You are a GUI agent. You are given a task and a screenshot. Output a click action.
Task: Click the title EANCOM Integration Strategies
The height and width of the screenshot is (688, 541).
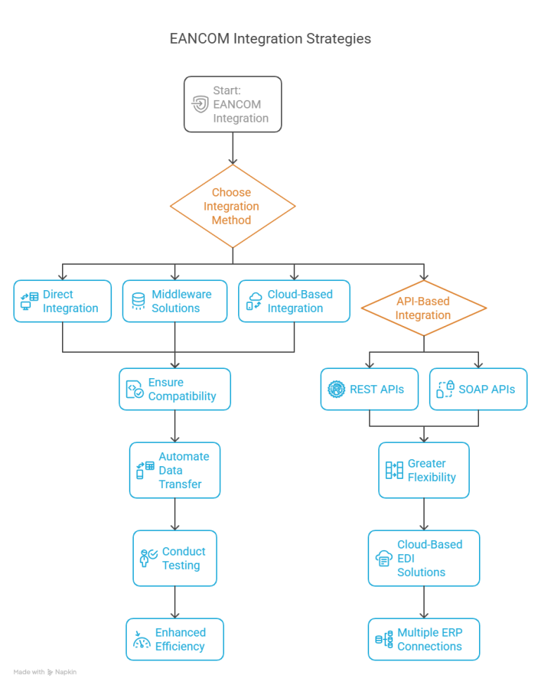click(x=270, y=39)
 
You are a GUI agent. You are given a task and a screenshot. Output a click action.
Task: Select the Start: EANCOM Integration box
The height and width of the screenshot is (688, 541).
click(x=232, y=104)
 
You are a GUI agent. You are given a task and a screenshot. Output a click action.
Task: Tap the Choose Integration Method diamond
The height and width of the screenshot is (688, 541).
click(x=232, y=206)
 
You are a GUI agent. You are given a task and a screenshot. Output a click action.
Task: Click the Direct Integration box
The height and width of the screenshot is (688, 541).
click(x=62, y=301)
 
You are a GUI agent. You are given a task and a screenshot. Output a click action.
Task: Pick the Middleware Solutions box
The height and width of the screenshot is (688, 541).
click(x=176, y=301)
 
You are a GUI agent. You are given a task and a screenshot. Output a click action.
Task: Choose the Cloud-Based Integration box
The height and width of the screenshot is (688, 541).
click(x=294, y=301)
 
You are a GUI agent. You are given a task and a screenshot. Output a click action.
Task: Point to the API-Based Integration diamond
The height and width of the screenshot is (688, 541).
click(x=423, y=308)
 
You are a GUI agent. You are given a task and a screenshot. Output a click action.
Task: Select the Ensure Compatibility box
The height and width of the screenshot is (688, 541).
click(x=175, y=389)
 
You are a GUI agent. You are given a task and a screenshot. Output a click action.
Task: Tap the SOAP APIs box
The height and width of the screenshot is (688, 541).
click(x=478, y=389)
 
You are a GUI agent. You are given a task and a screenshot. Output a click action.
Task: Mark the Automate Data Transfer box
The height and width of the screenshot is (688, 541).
click(x=175, y=470)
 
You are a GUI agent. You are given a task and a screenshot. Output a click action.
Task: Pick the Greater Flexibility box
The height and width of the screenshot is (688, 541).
click(x=423, y=470)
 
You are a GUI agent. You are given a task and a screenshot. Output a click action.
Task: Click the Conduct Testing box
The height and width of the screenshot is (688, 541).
click(x=175, y=558)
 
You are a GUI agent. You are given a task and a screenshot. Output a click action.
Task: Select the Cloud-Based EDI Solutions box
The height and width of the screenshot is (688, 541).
click(x=423, y=558)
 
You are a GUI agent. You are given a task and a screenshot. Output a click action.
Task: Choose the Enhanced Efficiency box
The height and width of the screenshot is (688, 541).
click(x=175, y=639)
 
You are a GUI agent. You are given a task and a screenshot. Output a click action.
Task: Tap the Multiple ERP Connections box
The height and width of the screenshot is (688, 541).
click(x=423, y=639)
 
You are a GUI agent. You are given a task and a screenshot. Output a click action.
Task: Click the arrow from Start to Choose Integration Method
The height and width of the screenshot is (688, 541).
click(x=232, y=148)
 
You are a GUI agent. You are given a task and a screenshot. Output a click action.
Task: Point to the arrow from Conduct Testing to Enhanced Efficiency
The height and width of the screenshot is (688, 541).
click(x=175, y=602)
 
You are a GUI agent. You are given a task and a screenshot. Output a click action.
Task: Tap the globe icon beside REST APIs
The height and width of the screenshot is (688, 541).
click(x=336, y=389)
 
